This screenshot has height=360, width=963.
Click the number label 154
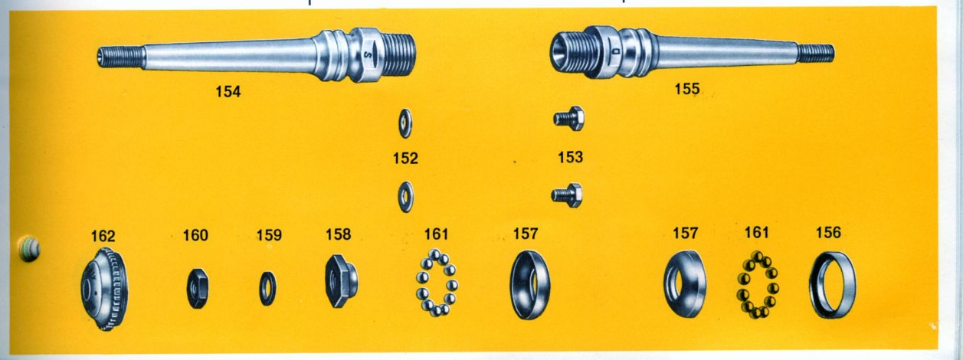(228, 92)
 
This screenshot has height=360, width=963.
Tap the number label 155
(687, 89)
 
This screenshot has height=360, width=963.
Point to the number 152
(405, 159)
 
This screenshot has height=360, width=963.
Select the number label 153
(571, 158)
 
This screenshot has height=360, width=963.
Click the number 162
(103, 235)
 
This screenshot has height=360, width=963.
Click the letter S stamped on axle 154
(368, 55)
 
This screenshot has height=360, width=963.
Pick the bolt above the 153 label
(568, 118)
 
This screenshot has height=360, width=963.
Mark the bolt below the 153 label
(568, 195)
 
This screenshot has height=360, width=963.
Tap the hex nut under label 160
(197, 289)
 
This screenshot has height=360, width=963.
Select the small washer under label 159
(268, 288)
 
